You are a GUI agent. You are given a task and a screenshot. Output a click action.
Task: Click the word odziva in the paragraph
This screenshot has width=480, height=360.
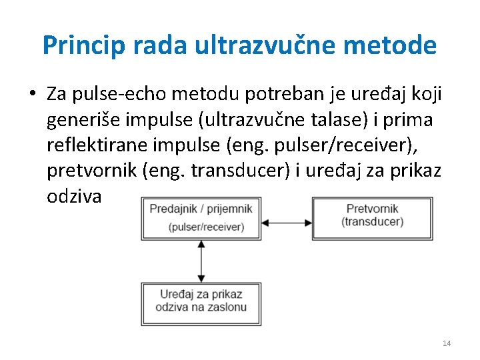74,197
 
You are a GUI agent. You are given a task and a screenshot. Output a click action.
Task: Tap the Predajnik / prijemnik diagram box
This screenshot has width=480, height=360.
201,217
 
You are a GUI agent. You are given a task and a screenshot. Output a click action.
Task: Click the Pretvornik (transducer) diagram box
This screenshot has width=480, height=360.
372,217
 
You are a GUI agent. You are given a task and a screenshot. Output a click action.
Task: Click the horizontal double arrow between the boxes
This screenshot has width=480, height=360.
286,221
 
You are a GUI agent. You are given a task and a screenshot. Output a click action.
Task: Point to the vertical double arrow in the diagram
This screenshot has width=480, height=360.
201,261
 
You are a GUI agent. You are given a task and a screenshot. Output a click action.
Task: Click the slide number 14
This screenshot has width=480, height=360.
447,343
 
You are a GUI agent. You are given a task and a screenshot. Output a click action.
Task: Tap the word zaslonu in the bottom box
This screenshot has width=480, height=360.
225,307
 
